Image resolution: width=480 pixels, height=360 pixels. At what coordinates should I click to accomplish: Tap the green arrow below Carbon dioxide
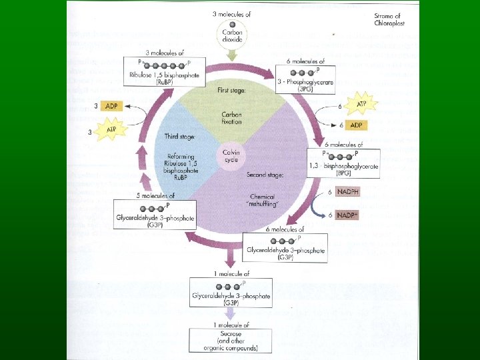click(231, 55)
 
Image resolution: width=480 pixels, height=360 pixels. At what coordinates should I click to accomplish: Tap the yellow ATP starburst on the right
click(362, 104)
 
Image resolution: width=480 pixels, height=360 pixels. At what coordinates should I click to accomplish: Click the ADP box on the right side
click(357, 125)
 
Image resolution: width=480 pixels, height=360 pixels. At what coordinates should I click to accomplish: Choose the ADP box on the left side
click(112, 106)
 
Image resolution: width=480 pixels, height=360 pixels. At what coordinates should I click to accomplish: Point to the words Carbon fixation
click(231, 118)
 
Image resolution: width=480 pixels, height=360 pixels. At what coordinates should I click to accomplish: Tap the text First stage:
click(231, 89)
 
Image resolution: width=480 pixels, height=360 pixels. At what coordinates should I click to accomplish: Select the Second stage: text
click(265, 175)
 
